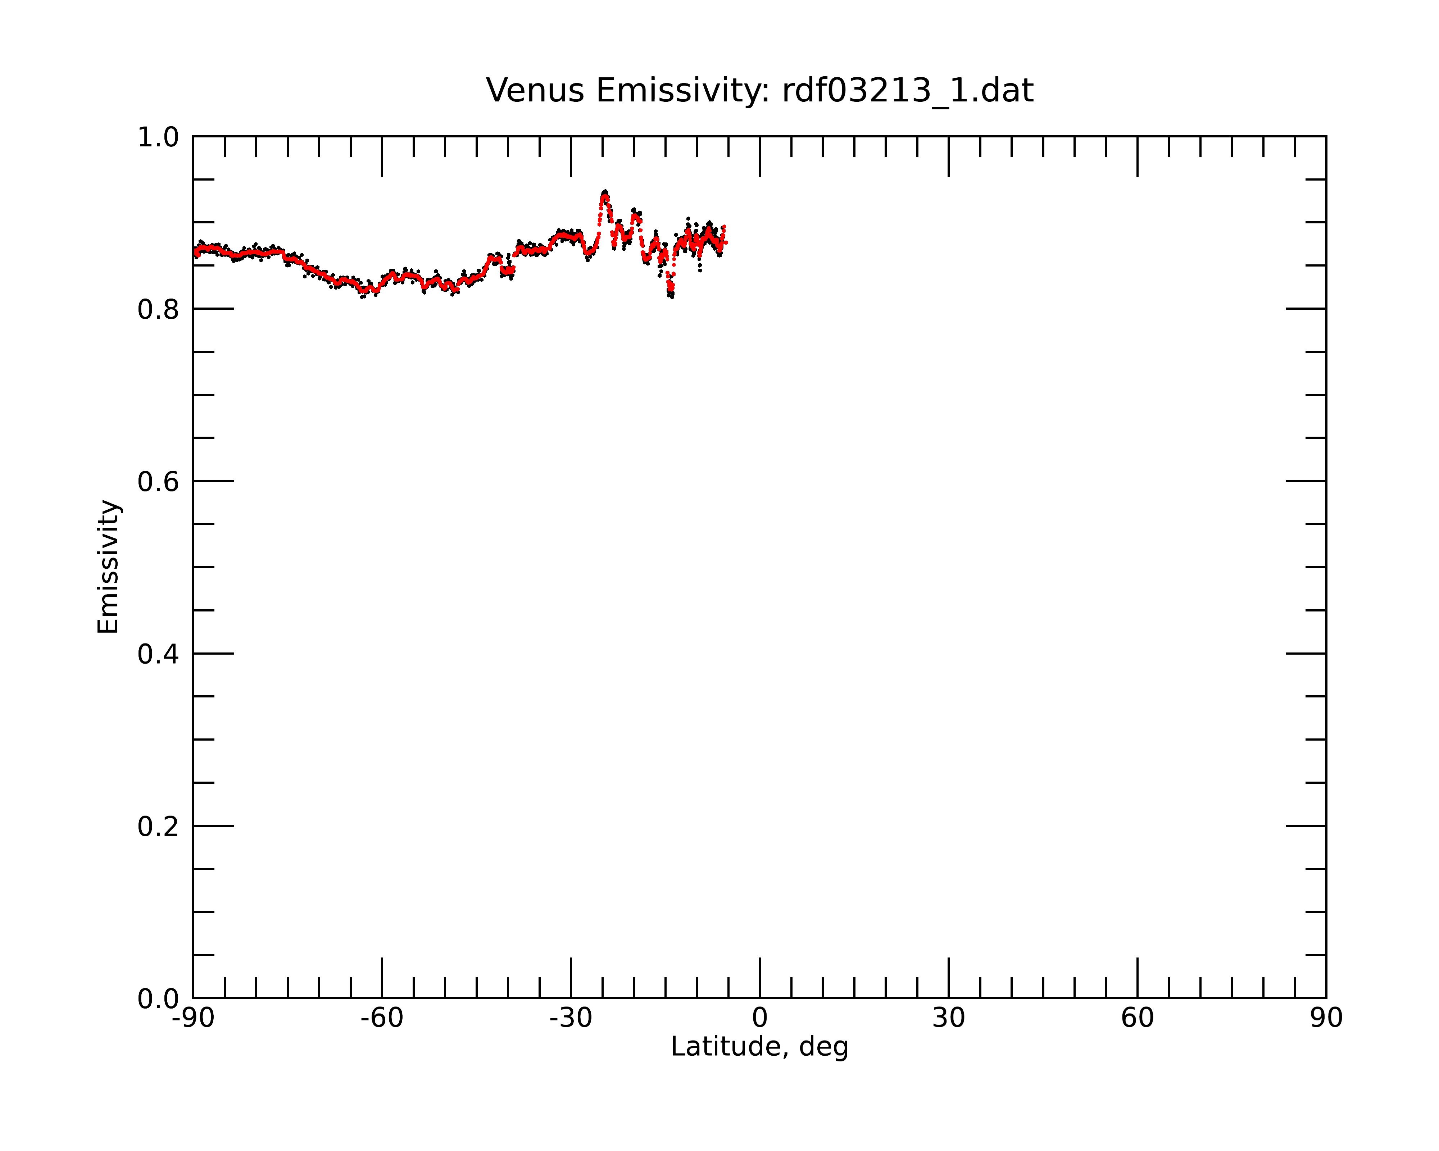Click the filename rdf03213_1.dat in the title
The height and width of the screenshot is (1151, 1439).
pos(908,91)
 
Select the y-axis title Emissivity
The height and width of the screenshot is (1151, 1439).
pos(108,567)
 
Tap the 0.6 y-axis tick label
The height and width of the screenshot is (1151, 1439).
pos(158,482)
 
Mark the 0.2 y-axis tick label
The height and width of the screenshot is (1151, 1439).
pos(158,827)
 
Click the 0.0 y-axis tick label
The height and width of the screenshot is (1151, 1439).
pos(158,999)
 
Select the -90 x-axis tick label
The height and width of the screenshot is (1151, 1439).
pos(193,1018)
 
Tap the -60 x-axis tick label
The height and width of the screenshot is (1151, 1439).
pos(382,1018)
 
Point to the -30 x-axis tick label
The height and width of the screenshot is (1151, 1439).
pos(571,1018)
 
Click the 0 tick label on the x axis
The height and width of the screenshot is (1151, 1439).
pos(759,1018)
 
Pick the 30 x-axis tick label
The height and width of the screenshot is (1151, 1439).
pos(948,1018)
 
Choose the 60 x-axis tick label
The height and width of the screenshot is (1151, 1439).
pos(1137,1018)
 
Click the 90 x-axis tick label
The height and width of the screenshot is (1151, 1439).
pos(1326,1018)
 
